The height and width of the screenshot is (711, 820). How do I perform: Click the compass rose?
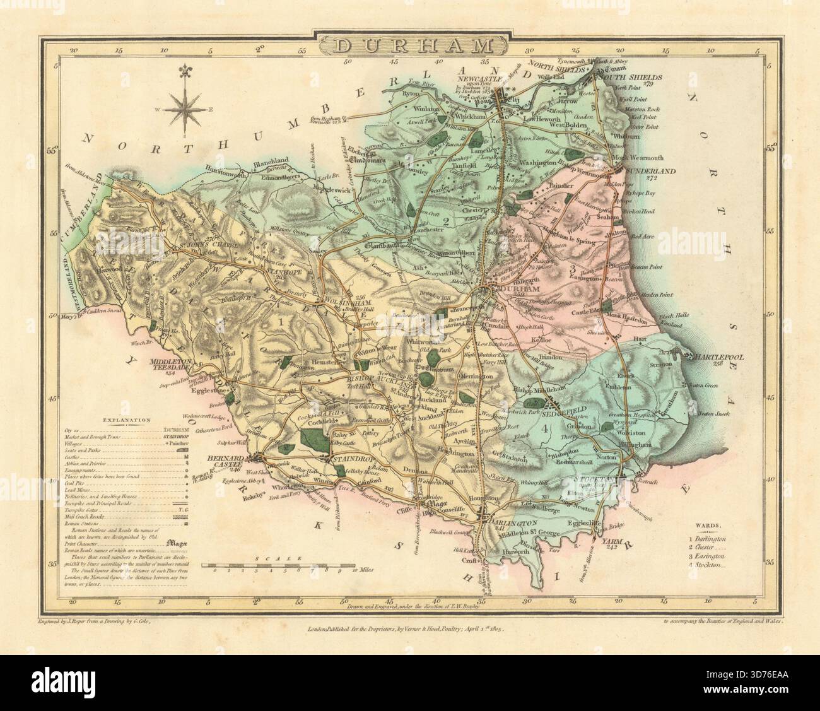click(x=184, y=109)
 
